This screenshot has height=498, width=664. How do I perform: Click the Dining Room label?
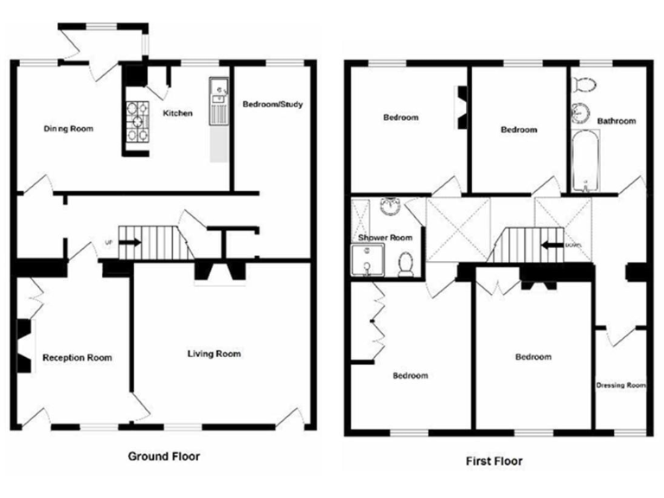68,129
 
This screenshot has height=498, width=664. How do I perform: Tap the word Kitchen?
177,113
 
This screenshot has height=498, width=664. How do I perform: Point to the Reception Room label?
77,357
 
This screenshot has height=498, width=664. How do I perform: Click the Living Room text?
214,354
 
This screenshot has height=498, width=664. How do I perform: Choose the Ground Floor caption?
164,456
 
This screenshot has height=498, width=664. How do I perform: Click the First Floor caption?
493,461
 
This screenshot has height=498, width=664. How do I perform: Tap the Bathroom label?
616,121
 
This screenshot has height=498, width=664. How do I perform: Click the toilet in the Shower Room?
405,263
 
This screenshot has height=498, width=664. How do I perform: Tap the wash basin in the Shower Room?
391,207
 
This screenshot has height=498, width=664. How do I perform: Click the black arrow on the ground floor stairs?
129,243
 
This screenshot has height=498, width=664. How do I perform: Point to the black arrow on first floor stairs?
549,244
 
